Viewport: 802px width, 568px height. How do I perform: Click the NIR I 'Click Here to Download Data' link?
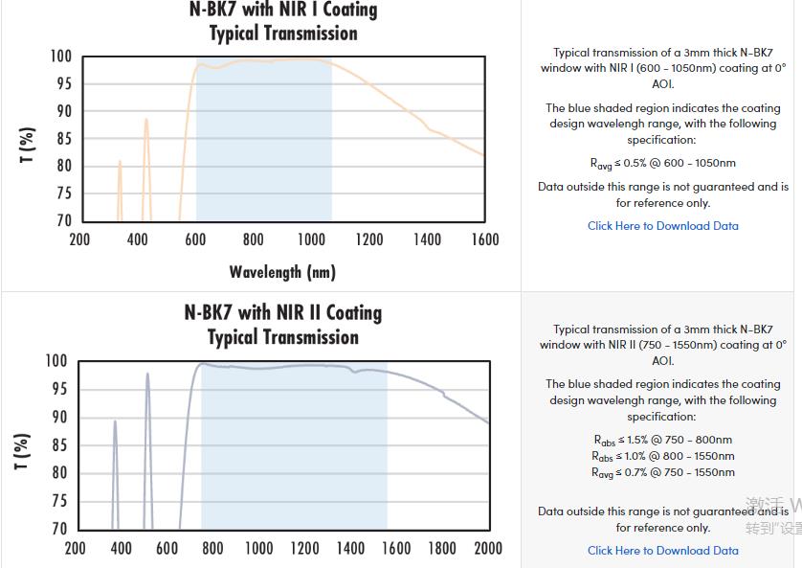click(663, 226)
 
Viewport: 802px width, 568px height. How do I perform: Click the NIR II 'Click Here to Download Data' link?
click(663, 551)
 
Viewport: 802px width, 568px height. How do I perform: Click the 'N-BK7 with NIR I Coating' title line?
click(283, 11)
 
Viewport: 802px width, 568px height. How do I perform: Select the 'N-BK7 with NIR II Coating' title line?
click(283, 313)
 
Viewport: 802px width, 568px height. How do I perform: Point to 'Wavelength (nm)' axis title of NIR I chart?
click(282, 272)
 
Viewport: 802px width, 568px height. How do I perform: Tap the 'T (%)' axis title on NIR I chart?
click(28, 145)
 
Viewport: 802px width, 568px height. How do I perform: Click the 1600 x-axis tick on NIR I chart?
click(485, 239)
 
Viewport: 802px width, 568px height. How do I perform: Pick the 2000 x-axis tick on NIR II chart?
click(488, 548)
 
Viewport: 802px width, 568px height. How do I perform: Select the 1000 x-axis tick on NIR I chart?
click(312, 239)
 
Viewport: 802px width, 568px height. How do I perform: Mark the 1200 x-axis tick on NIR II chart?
click(304, 548)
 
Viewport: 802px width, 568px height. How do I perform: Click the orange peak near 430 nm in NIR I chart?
click(146, 121)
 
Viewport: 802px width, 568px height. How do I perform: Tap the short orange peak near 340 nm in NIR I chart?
click(120, 163)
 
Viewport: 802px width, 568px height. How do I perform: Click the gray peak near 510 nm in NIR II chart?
click(147, 375)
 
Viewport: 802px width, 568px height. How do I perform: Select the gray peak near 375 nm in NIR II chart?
click(115, 422)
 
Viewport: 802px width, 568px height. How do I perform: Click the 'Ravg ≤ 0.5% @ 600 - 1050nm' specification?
click(663, 164)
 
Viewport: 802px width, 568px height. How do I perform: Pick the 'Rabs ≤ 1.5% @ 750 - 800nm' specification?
click(663, 441)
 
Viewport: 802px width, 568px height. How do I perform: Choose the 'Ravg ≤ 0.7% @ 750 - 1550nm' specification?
click(663, 472)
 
